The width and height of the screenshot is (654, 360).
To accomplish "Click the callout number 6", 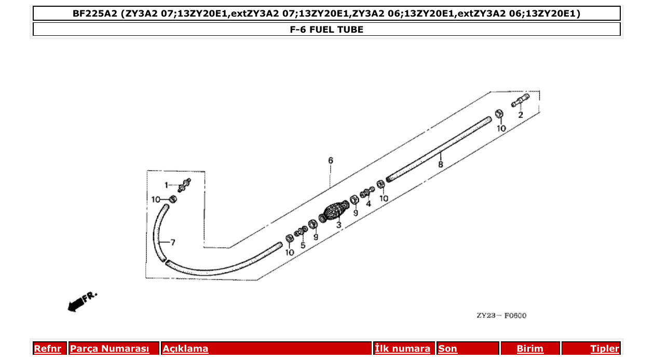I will pyautogui.click(x=331, y=160).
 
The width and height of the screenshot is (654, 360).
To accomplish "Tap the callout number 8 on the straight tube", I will pyautogui.click(x=440, y=164).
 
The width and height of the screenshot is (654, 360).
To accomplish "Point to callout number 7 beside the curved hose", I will pyautogui.click(x=173, y=242).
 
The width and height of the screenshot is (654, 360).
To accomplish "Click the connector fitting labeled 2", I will pyautogui.click(x=520, y=100).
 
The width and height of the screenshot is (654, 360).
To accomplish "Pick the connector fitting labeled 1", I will pyautogui.click(x=184, y=185).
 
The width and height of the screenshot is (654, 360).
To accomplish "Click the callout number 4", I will pyautogui.click(x=369, y=204).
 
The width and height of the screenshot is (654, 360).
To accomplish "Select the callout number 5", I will pyautogui.click(x=303, y=245).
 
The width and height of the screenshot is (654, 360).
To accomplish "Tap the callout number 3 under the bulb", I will pyautogui.click(x=338, y=225).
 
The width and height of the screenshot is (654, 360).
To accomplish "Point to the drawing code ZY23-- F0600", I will pyautogui.click(x=501, y=315).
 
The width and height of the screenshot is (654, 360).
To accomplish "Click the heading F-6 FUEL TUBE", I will pyautogui.click(x=326, y=30).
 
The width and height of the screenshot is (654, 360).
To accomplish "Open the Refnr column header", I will pyautogui.click(x=47, y=349).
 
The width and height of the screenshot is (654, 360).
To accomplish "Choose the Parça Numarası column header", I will pyautogui.click(x=109, y=349).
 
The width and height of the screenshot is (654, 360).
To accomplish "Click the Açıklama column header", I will pyautogui.click(x=185, y=349).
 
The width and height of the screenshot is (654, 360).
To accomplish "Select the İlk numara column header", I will pyautogui.click(x=402, y=349).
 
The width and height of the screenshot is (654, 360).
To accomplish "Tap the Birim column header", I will pyautogui.click(x=530, y=349).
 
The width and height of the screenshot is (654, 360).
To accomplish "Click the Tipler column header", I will pyautogui.click(x=605, y=349).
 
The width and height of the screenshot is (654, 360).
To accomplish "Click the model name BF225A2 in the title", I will pyautogui.click(x=94, y=13).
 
